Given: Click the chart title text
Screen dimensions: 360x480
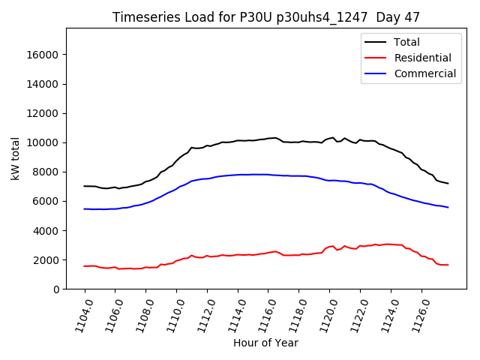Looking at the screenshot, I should click(265, 16).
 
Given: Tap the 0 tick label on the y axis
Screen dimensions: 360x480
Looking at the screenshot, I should click(57, 289).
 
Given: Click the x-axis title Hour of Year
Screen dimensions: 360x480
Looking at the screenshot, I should click(265, 343).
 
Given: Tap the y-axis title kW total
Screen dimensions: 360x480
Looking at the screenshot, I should click(15, 158).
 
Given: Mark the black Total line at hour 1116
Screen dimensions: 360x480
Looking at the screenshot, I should click(268, 138).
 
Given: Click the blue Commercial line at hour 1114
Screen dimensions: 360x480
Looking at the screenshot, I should click(238, 175).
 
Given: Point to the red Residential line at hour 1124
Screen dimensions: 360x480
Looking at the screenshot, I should click(391, 244).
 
